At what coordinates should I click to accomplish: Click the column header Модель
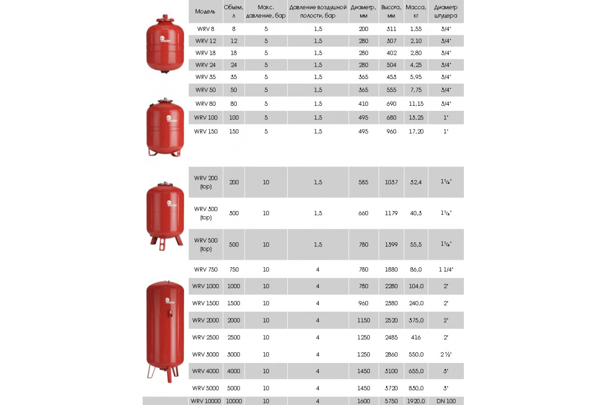point(205,11)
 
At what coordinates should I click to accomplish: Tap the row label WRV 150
point(205,131)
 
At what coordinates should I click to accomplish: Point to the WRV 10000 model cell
point(206,401)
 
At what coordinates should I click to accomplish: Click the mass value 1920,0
point(416,401)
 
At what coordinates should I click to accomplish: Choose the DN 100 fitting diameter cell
point(446,401)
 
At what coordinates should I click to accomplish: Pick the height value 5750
point(392,401)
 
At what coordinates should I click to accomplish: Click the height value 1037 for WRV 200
point(392,182)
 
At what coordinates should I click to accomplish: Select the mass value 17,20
point(416,131)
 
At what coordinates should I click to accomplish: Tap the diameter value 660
point(364,213)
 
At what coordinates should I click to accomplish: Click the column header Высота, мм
point(392,11)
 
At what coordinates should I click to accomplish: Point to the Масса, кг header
point(416,11)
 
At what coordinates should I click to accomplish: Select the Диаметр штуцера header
point(446,11)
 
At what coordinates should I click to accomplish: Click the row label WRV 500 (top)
point(205,245)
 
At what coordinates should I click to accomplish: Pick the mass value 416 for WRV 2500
point(416,337)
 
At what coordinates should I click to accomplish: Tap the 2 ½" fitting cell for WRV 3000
point(446,354)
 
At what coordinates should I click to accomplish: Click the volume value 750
point(234,269)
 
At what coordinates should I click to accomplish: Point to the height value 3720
point(392,388)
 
